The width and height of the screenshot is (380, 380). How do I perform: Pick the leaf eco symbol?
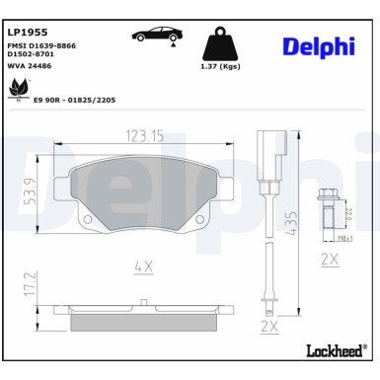coord(18,91)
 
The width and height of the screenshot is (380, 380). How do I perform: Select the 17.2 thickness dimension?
coord(29,291)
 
